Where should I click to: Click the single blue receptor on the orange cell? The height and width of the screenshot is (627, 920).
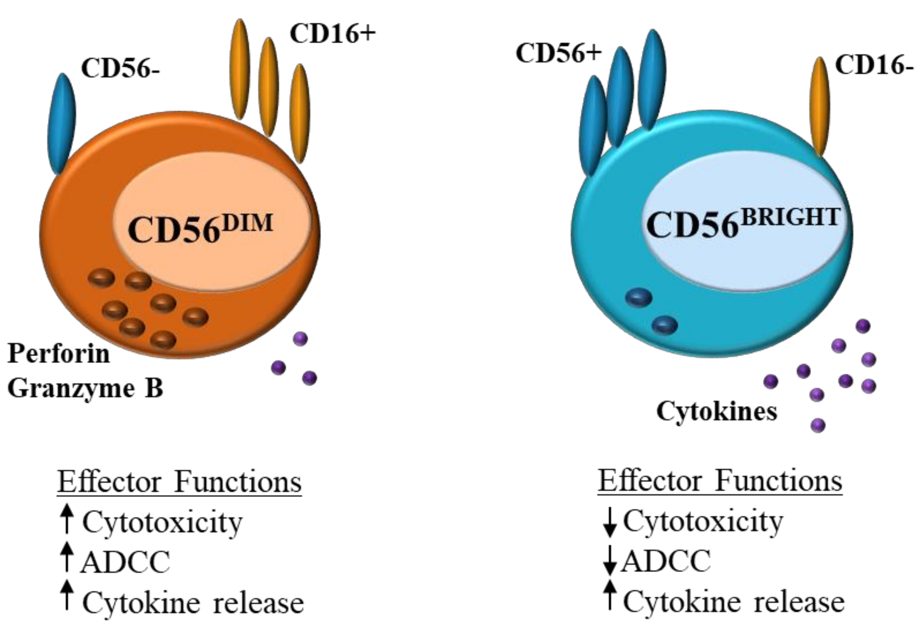click(61, 123)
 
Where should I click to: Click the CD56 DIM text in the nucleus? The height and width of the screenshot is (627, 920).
click(200, 228)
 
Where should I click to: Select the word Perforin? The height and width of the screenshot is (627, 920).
click(59, 353)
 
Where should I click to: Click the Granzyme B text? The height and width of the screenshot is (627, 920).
click(85, 388)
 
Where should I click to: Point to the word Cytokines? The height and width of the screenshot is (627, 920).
click(717, 411)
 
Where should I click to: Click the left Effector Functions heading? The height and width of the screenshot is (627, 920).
click(179, 482)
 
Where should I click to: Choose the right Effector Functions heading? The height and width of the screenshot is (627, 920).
click(720, 481)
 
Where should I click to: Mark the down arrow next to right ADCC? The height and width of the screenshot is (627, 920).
click(610, 560)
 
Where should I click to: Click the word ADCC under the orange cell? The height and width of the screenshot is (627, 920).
click(126, 562)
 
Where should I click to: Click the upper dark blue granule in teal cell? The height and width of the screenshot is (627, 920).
click(639, 297)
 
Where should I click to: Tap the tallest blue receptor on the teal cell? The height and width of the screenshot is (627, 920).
click(652, 79)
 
